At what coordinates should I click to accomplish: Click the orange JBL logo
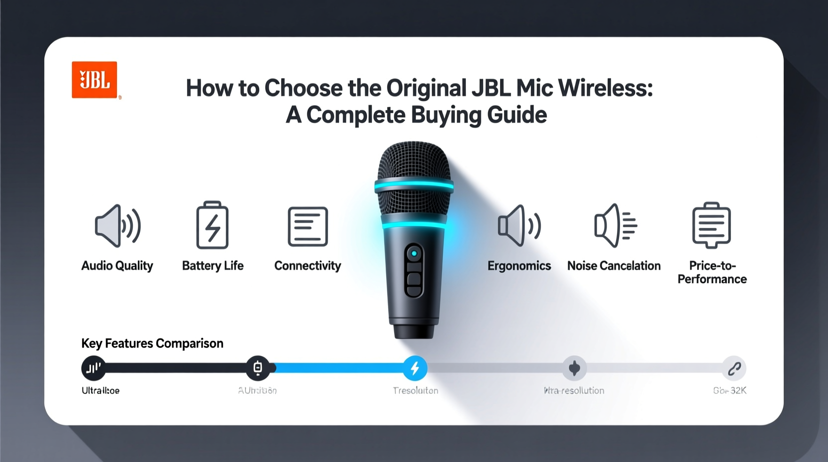(95, 80)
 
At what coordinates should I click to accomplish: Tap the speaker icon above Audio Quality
(117, 226)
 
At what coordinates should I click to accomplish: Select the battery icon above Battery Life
(212, 225)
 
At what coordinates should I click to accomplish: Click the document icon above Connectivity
(308, 227)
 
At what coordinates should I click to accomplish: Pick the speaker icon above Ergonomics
(519, 226)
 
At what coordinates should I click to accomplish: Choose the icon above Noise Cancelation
(615, 226)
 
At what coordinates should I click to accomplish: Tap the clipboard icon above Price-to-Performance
(712, 225)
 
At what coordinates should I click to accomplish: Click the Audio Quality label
(117, 266)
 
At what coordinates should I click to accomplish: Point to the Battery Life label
(212, 266)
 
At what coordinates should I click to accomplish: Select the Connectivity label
(308, 266)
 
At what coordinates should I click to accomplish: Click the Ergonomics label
(519, 266)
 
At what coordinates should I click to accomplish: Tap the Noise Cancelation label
(614, 266)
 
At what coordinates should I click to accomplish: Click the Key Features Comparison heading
(152, 344)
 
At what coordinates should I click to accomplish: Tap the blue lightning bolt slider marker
(415, 368)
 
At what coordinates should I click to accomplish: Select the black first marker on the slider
(94, 368)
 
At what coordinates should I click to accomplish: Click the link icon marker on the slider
(734, 368)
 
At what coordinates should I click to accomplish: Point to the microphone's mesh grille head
(414, 164)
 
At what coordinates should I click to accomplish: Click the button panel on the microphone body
(414, 270)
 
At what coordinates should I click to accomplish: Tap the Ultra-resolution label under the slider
(574, 391)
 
